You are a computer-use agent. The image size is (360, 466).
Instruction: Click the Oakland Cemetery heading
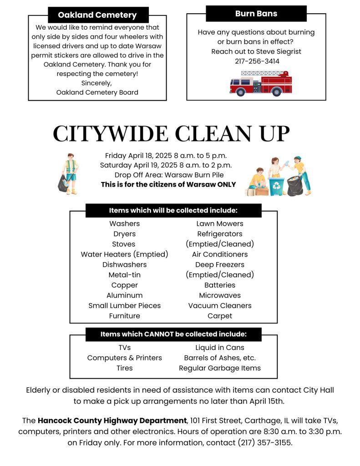pyautogui.click(x=97, y=15)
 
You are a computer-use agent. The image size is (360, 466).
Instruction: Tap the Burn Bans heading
pyautogui.click(x=256, y=14)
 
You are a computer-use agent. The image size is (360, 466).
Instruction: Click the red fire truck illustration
pyautogui.click(x=260, y=83)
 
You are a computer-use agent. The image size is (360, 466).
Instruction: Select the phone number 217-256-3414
pyautogui.click(x=257, y=61)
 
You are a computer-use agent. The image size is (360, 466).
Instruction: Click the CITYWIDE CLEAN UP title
pyautogui.click(x=171, y=133)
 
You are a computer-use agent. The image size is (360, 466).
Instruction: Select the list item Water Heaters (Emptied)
pyautogui.click(x=124, y=254)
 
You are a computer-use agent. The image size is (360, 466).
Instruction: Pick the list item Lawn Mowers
pyautogui.click(x=220, y=223)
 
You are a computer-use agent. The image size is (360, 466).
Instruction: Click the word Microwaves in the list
pyautogui.click(x=220, y=295)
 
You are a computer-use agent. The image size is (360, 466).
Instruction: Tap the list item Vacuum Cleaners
pyautogui.click(x=220, y=305)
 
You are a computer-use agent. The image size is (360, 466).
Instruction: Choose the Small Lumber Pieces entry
pyautogui.click(x=124, y=305)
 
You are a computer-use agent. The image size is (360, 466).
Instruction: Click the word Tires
pyautogui.click(x=124, y=368)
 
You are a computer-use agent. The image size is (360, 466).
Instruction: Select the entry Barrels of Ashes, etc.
pyautogui.click(x=220, y=358)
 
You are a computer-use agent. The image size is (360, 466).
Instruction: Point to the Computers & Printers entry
pyautogui.click(x=124, y=358)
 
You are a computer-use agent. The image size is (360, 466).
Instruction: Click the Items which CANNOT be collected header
pyautogui.click(x=173, y=334)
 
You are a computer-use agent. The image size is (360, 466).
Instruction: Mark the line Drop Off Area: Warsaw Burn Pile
pyautogui.click(x=169, y=175)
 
